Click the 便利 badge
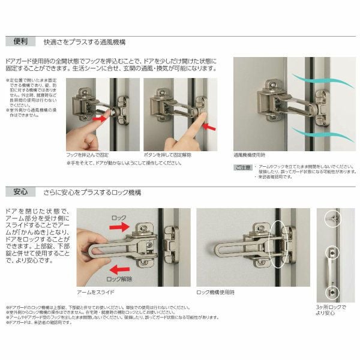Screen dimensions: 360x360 click(x=20, y=43)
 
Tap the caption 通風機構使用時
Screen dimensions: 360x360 click(x=253, y=154)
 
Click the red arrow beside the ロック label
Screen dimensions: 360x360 click(x=134, y=227)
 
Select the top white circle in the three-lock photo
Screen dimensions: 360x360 click(x=330, y=219)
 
